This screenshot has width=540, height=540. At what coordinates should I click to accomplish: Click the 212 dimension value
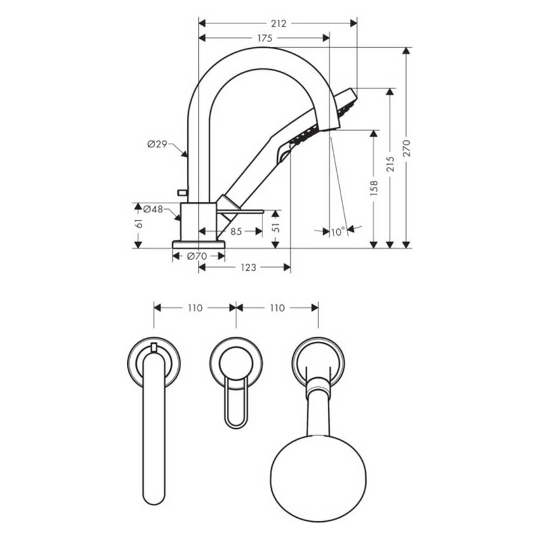click(x=278, y=24)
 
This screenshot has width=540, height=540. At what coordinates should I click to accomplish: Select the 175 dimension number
click(x=265, y=38)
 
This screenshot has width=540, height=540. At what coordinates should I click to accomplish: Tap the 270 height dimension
click(x=407, y=148)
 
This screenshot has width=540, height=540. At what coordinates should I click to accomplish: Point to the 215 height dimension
click(x=390, y=164)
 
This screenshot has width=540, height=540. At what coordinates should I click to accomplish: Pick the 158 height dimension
click(x=374, y=187)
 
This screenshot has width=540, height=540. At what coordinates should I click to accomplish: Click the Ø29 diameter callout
click(x=157, y=144)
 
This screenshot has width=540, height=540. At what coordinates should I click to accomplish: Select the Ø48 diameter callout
click(x=153, y=209)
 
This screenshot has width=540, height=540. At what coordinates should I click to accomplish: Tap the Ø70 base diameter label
click(x=197, y=256)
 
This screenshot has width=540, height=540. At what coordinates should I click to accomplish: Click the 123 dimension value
click(x=248, y=267)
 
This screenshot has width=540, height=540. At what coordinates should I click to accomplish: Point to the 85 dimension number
click(x=236, y=231)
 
